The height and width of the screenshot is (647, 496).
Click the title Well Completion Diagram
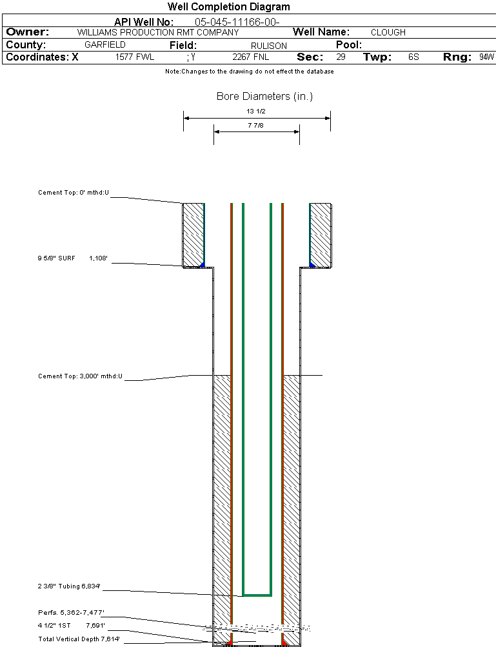point(228,7)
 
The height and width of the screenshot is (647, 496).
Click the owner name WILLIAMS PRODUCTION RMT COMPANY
point(157,32)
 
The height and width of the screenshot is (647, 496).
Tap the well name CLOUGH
point(388,32)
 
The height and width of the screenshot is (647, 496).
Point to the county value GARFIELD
point(105,45)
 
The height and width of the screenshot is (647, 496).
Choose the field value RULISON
point(268,46)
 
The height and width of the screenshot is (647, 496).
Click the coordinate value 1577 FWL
point(135,57)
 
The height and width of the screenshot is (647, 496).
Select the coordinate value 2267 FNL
point(250,57)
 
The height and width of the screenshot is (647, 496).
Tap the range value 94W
point(486,57)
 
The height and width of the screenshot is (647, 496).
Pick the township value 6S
point(413,57)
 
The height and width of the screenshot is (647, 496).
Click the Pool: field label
point(349,45)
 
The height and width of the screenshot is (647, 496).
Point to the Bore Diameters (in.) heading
point(264,97)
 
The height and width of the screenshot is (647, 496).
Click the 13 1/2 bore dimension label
point(256,111)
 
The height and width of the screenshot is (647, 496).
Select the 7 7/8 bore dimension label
point(256,125)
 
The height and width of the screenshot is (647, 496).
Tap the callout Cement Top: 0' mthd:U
point(74,192)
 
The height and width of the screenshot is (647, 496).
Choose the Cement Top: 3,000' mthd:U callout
point(80,376)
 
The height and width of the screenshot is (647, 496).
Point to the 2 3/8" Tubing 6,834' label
point(69,586)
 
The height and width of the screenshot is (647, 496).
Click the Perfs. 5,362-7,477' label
point(71,612)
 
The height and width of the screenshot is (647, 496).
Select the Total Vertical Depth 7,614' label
point(79,639)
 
